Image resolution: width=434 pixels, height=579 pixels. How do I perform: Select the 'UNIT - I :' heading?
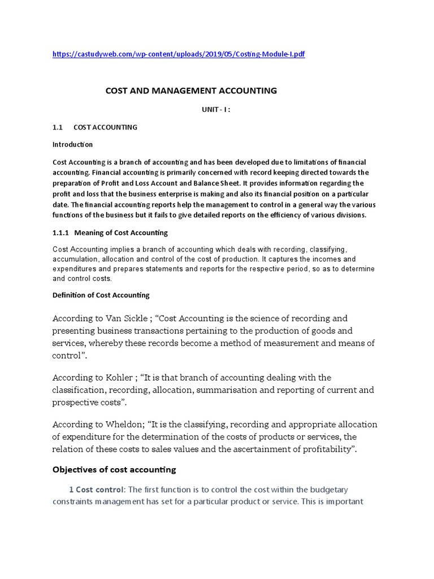click(216, 110)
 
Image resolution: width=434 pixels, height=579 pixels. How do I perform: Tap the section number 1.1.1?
click(60, 232)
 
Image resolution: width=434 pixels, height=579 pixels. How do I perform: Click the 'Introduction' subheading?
click(72, 144)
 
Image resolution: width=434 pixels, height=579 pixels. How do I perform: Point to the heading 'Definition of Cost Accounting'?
click(101, 295)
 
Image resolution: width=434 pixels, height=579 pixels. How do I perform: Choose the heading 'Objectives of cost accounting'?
click(114, 469)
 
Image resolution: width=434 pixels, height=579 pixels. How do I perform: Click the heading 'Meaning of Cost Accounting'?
click(121, 232)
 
